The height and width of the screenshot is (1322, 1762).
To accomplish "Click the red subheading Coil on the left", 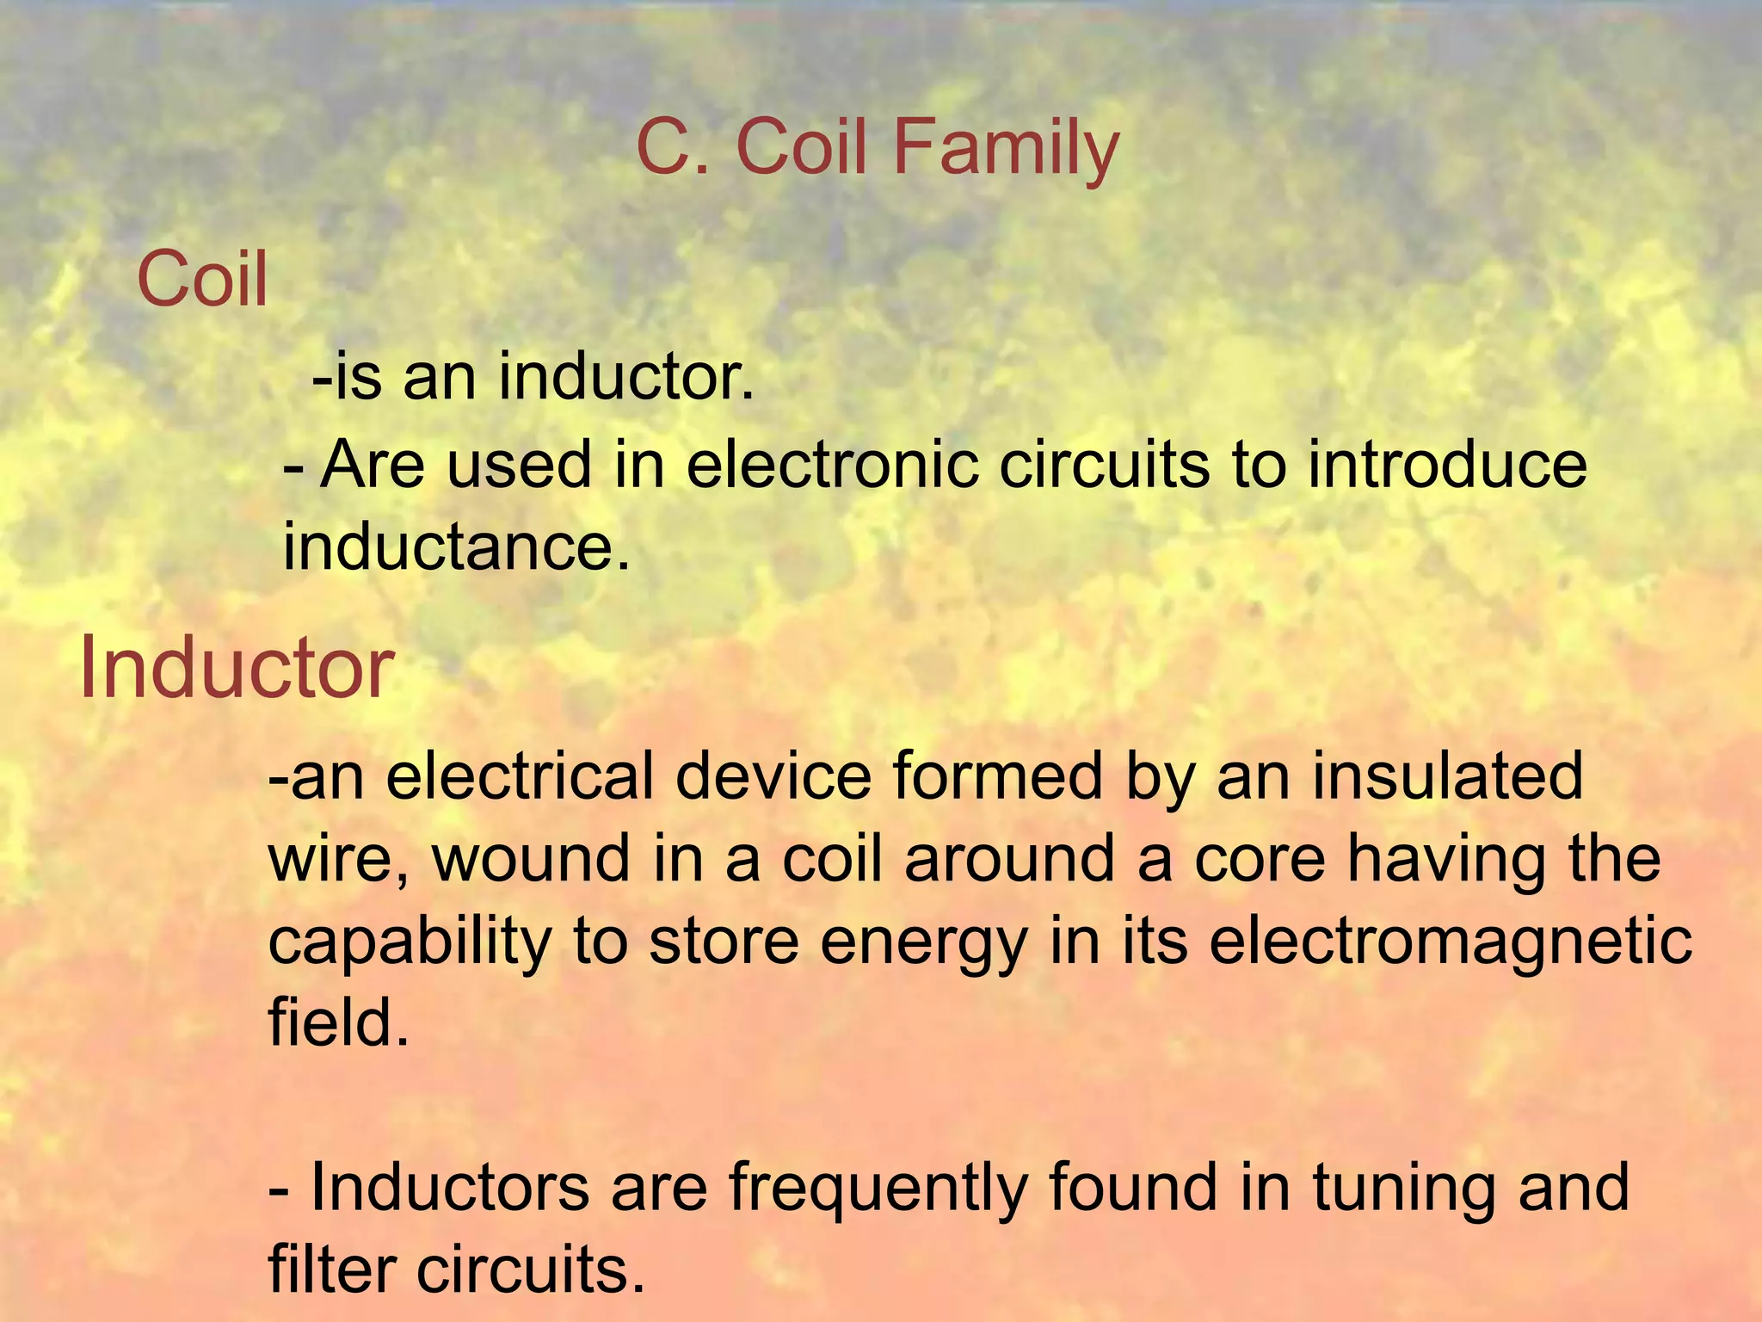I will [x=202, y=280].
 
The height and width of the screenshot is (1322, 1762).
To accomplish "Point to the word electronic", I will [x=832, y=465].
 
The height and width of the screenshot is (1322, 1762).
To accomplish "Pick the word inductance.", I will [x=457, y=547].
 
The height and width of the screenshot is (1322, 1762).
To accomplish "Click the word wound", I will [x=531, y=859].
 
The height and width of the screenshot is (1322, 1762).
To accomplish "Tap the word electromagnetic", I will [x=1451, y=942].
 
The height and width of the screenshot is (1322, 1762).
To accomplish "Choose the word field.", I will [x=338, y=1022].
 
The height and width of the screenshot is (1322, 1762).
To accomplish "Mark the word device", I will [x=773, y=776].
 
